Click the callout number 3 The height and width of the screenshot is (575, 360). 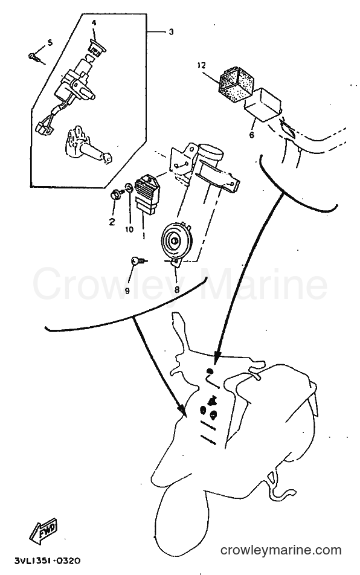(171, 32)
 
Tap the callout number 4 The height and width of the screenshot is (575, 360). (94, 23)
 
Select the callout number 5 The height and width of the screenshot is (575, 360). (50, 43)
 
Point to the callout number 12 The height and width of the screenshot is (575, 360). (201, 66)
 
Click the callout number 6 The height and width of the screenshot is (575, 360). (251, 135)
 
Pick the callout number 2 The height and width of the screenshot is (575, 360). (112, 222)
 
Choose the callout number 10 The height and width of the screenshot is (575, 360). (129, 230)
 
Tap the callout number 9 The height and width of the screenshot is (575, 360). (127, 291)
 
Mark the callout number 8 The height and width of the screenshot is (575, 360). (177, 290)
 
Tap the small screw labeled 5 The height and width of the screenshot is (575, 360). (36, 57)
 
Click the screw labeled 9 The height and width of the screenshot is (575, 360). (138, 262)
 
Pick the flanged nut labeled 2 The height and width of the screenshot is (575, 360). (115, 194)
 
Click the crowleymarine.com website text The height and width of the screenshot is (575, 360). (281, 550)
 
